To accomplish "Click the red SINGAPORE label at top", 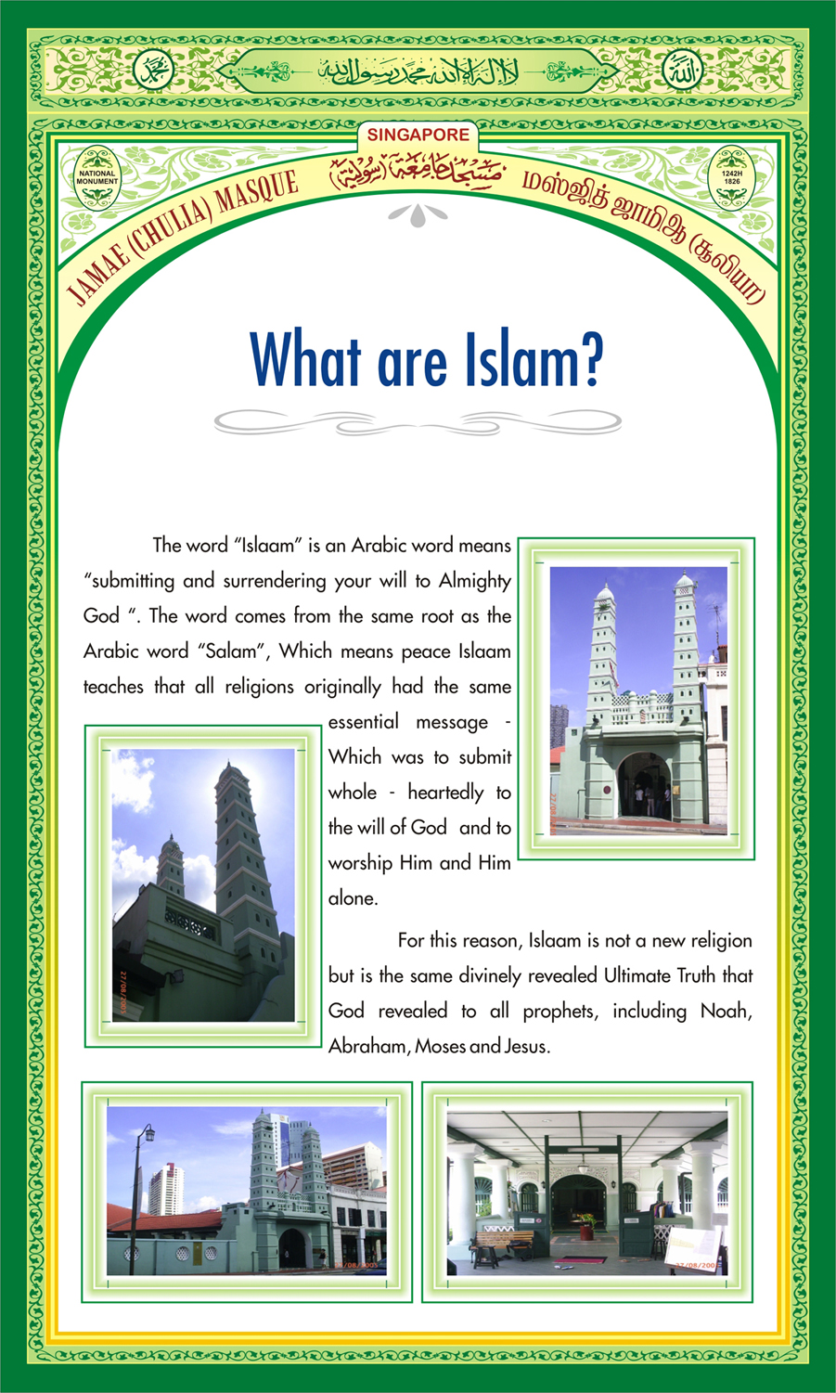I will (x=418, y=135).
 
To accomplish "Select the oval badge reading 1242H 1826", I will (x=731, y=177).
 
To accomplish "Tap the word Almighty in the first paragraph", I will (x=474, y=581).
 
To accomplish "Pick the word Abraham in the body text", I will (x=367, y=1046).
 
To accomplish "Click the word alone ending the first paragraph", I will (x=353, y=898).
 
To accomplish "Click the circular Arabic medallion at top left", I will (x=154, y=70).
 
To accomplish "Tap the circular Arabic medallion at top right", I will (x=682, y=70).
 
